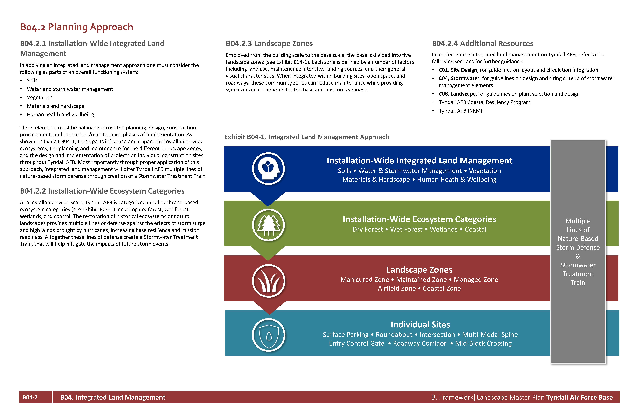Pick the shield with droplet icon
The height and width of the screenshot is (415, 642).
268,335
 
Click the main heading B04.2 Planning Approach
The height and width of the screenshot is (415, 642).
76,27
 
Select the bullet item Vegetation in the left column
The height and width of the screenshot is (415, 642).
40,98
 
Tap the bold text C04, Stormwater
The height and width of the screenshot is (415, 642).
459,78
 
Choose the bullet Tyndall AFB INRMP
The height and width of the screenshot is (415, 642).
461,111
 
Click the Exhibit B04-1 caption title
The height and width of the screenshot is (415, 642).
306,137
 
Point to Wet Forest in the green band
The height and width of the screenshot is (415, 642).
406,229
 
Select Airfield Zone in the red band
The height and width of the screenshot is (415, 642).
397,288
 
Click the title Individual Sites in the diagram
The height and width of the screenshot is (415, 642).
420,324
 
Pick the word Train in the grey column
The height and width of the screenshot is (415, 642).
578,283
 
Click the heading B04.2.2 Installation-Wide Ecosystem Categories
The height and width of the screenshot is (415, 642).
102,191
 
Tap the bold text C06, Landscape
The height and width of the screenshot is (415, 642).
457,94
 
